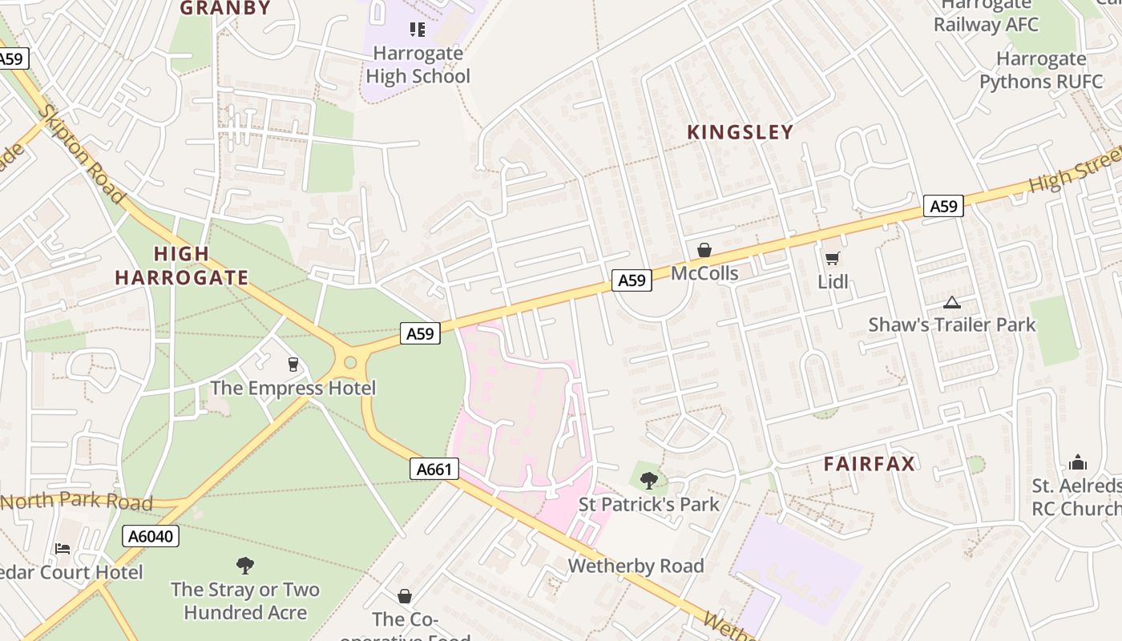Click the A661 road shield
[x=435, y=469]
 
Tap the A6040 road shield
[x=151, y=536]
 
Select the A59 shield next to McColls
[x=632, y=280]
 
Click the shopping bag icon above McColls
[x=704, y=250]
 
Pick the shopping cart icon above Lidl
[x=832, y=258]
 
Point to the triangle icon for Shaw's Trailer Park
[x=951, y=302]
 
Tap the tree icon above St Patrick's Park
[x=649, y=481]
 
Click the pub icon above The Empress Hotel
[x=293, y=365]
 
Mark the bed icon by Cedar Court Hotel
[x=63, y=549]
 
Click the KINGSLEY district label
[x=741, y=132]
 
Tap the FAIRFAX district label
[x=870, y=464]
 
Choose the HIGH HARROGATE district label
[x=181, y=266]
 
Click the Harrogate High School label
[x=418, y=65]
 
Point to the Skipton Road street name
[x=81, y=154]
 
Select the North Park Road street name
[x=77, y=502]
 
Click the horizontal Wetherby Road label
[x=636, y=566]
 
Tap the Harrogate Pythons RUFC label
[x=1040, y=70]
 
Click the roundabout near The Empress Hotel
[x=349, y=362]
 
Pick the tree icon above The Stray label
[x=245, y=566]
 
